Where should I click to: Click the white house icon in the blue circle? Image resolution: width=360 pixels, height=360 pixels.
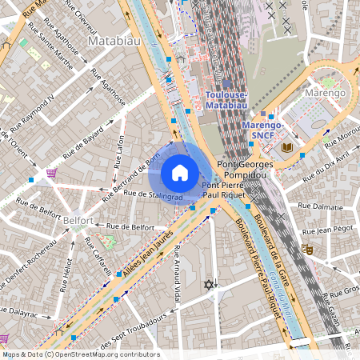tap(180, 173)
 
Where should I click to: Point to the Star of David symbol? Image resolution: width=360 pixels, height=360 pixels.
tap(210, 284)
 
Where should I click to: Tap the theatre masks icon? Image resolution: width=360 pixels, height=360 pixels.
tap(306, 250)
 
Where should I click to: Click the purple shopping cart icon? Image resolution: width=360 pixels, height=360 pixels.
tap(51, 173)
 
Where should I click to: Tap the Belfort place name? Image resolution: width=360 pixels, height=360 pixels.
tap(79, 219)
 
